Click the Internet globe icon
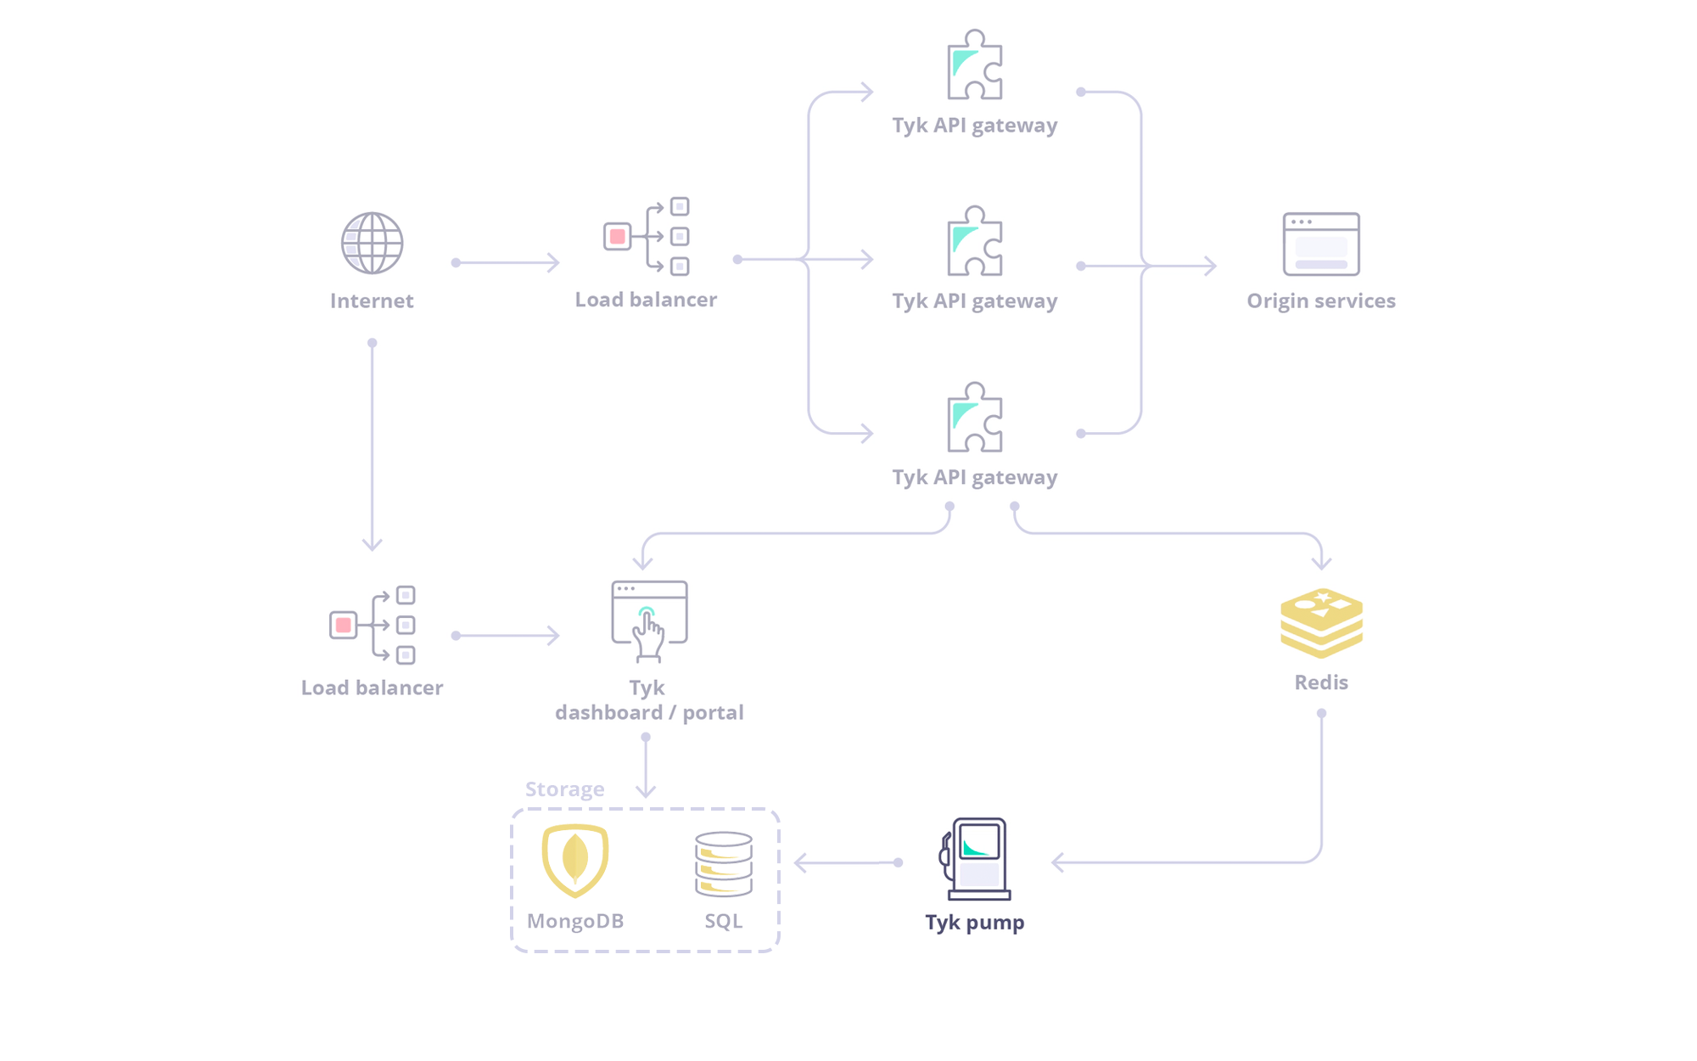click(x=372, y=243)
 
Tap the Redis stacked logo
click(x=1321, y=623)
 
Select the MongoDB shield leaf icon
click(x=575, y=860)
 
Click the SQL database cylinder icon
click(x=724, y=864)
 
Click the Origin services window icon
click(x=1321, y=244)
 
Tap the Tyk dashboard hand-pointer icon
click(x=649, y=621)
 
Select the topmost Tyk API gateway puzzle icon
click(x=974, y=65)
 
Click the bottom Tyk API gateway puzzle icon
click(x=974, y=418)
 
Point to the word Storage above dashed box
click(x=564, y=789)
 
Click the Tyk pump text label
click(x=974, y=922)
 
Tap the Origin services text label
click(x=1320, y=300)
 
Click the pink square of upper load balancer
click(x=618, y=236)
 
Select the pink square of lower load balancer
click(x=343, y=625)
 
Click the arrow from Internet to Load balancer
click(x=507, y=262)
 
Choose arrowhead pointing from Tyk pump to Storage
click(x=800, y=863)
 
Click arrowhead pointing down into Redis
click(x=1321, y=563)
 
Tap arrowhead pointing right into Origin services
click(x=1211, y=266)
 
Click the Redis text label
click(x=1320, y=682)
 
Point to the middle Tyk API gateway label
click(x=974, y=300)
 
